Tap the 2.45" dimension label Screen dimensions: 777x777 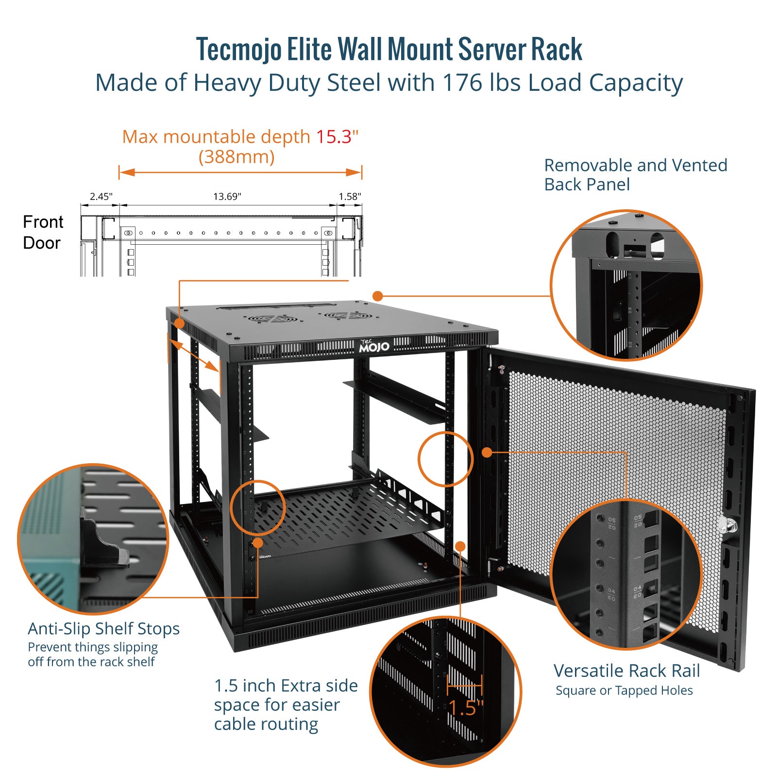coord(101,197)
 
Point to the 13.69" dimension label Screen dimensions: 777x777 coord(227,197)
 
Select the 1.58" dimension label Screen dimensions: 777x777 coord(350,197)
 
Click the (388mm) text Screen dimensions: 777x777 coord(236,157)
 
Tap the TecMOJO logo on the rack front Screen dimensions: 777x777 coord(374,346)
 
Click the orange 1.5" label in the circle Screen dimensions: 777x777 coord(465,708)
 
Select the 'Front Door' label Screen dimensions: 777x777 coord(43,232)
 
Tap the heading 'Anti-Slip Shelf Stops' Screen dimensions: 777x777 coord(103,628)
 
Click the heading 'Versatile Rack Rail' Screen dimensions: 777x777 coord(626,671)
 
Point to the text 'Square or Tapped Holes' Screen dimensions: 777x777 coord(624,691)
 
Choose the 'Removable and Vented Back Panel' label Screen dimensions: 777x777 coord(635,175)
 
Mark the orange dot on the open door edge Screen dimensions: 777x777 coord(487,453)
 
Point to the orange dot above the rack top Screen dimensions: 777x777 coord(378,296)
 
